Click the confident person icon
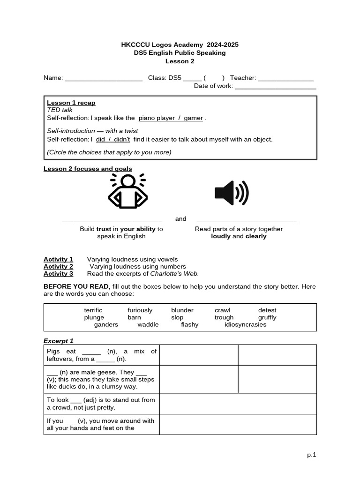tap(127, 191)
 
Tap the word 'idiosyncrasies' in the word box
tap(245, 324)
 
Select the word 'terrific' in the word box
tap(93, 310)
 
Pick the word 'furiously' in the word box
tap(140, 310)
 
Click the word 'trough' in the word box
tap(224, 317)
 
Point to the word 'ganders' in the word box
tap(106, 324)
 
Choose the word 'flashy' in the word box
tap(190, 324)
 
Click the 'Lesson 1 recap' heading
tap(71, 103)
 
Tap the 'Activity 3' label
tap(58, 274)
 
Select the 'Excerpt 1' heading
tap(59, 341)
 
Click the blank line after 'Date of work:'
tap(275, 87)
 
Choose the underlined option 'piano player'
tap(157, 118)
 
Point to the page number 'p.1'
tap(312, 455)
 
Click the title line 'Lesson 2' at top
tap(180, 61)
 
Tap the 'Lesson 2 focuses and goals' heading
tap(88, 169)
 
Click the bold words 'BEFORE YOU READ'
tap(76, 286)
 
